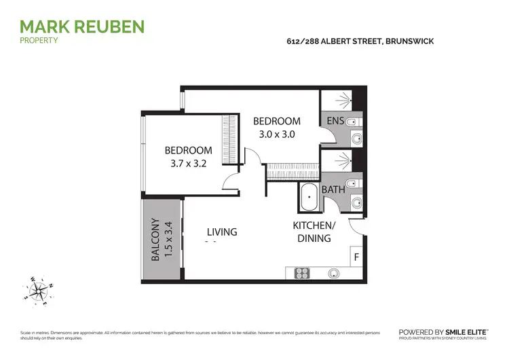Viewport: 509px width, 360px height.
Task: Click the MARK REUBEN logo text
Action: click(81, 26)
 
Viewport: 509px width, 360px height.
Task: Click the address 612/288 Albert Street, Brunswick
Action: click(360, 41)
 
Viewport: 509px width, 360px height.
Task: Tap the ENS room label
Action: click(335, 121)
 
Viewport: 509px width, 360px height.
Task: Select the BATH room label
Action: click(333, 190)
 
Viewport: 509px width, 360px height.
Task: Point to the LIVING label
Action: click(222, 232)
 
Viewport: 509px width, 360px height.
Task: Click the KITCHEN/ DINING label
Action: click(313, 232)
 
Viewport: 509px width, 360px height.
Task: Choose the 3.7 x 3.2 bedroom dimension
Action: click(189, 163)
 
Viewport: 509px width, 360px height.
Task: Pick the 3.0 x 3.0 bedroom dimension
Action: click(276, 134)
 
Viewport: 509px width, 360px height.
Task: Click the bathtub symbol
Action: click(309, 198)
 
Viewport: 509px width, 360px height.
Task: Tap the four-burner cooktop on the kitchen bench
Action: click(302, 273)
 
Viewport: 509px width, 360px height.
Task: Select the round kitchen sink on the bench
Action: click(333, 273)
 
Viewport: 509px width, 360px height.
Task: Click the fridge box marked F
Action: click(356, 257)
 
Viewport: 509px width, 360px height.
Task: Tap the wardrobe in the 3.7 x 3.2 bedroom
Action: click(231, 140)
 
